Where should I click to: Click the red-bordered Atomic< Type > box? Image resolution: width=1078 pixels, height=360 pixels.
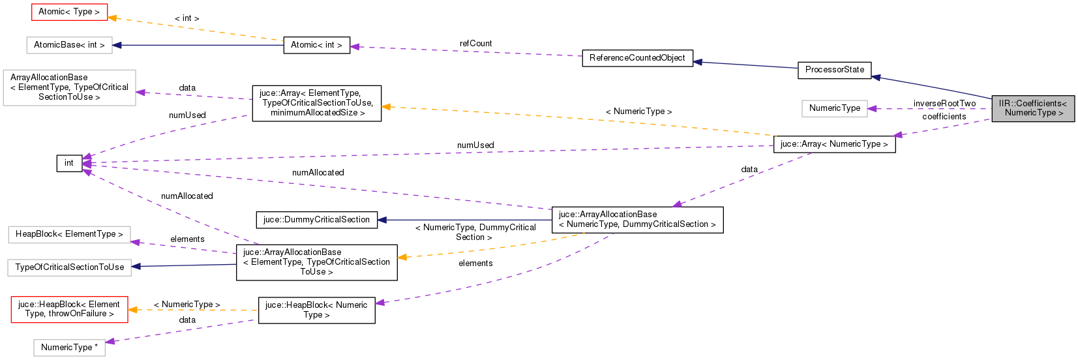click(x=69, y=12)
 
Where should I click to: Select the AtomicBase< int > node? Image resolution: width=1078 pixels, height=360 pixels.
click(x=69, y=45)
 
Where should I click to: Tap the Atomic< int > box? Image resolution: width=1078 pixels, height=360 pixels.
click(x=316, y=45)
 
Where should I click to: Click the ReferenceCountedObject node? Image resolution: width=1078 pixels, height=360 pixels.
click(x=637, y=58)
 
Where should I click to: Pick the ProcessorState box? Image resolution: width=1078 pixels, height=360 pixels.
click(x=834, y=70)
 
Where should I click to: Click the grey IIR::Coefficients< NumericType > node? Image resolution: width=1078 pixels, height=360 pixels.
click(x=1033, y=108)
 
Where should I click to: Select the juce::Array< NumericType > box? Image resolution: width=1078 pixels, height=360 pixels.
click(x=834, y=144)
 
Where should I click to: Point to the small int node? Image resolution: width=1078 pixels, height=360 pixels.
click(x=69, y=163)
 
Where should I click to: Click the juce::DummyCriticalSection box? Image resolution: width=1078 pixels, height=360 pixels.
click(x=316, y=220)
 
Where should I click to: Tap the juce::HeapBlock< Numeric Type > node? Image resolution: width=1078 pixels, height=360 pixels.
click(x=316, y=310)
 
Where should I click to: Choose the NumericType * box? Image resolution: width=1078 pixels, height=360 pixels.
click(x=69, y=348)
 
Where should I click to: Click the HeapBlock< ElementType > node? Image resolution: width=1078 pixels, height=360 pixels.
click(x=69, y=234)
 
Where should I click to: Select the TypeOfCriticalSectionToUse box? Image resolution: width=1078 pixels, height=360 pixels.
click(x=69, y=267)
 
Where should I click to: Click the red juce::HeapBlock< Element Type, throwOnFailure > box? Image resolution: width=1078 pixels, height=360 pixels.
click(x=69, y=309)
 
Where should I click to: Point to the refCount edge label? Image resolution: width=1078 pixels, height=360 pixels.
click(x=475, y=44)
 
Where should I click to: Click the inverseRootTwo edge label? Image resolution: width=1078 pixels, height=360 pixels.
click(x=944, y=104)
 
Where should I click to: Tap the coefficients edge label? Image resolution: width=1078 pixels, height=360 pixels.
click(x=944, y=117)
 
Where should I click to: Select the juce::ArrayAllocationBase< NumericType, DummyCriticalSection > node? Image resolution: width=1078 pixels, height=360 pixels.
click(x=637, y=220)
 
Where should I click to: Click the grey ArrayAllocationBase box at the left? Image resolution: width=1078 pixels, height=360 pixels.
click(x=69, y=87)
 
